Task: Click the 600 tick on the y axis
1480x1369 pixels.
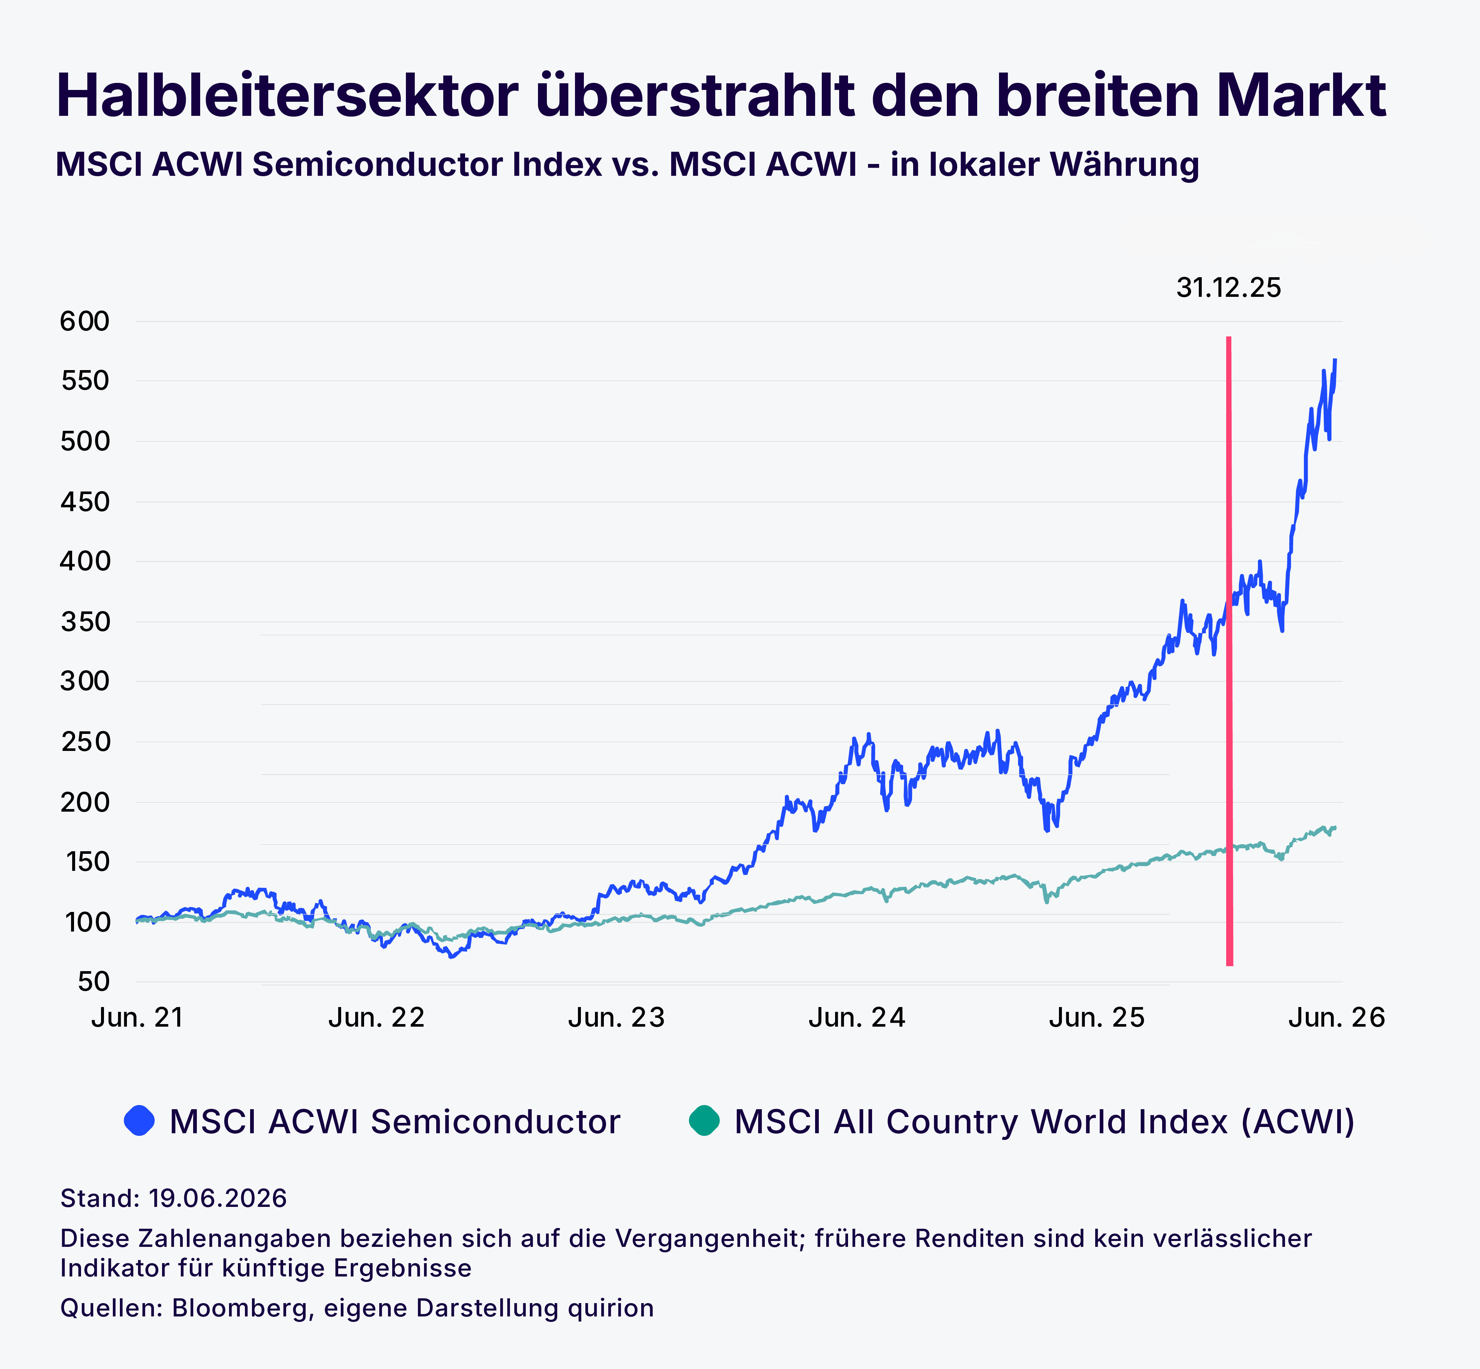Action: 84,322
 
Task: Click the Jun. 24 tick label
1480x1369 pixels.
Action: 857,1018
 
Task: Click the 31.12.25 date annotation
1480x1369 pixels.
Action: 1228,288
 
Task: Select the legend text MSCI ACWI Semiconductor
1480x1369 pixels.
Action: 395,1121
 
